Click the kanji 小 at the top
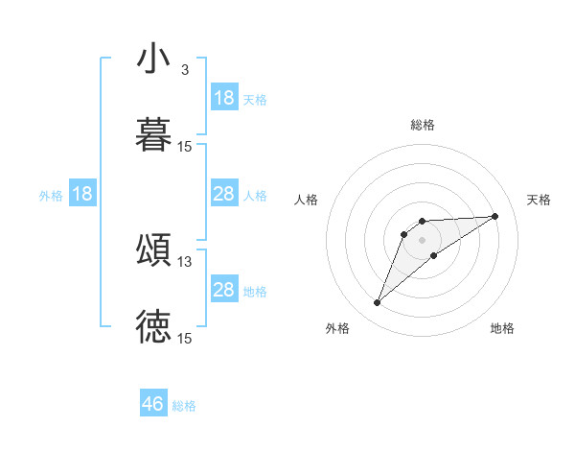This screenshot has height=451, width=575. (153, 59)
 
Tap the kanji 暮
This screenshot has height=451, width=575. (153, 136)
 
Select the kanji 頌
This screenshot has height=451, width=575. (153, 250)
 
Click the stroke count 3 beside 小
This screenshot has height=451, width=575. (184, 70)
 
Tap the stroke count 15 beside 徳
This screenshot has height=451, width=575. (185, 339)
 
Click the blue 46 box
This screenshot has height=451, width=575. (153, 404)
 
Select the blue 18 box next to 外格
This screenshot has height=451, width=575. (82, 195)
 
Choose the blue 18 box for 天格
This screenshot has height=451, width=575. (224, 98)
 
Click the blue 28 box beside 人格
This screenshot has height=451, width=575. (224, 195)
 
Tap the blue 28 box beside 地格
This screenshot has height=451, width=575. (224, 290)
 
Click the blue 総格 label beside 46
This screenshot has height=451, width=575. (184, 406)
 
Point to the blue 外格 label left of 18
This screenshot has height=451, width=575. (51, 196)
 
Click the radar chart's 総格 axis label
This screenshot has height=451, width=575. (423, 125)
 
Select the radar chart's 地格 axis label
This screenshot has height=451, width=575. (502, 328)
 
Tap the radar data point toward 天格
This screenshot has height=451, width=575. (495, 216)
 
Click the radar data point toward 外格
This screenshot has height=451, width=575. (377, 303)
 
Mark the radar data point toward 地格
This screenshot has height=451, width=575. (434, 255)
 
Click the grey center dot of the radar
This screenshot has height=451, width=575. (423, 239)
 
